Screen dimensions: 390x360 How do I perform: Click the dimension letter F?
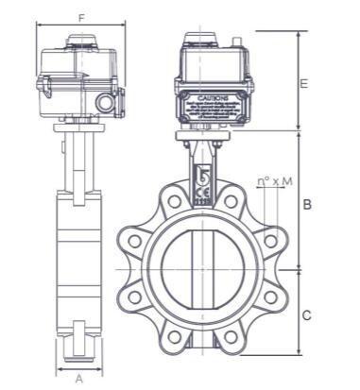point(81,17)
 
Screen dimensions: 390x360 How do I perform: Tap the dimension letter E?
point(303,83)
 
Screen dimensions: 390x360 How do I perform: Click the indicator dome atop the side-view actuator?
point(82,42)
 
